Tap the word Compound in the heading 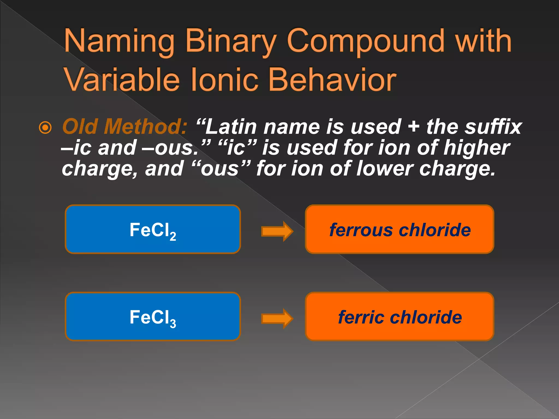point(366,41)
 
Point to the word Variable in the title point(122,80)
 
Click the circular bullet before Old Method point(45,128)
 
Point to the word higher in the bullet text point(477,148)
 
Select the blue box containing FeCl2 point(153,229)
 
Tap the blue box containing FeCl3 point(153,316)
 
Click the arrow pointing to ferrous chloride point(277,231)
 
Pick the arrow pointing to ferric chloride point(277,318)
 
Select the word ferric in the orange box point(361,317)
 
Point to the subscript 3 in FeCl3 point(173,324)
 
